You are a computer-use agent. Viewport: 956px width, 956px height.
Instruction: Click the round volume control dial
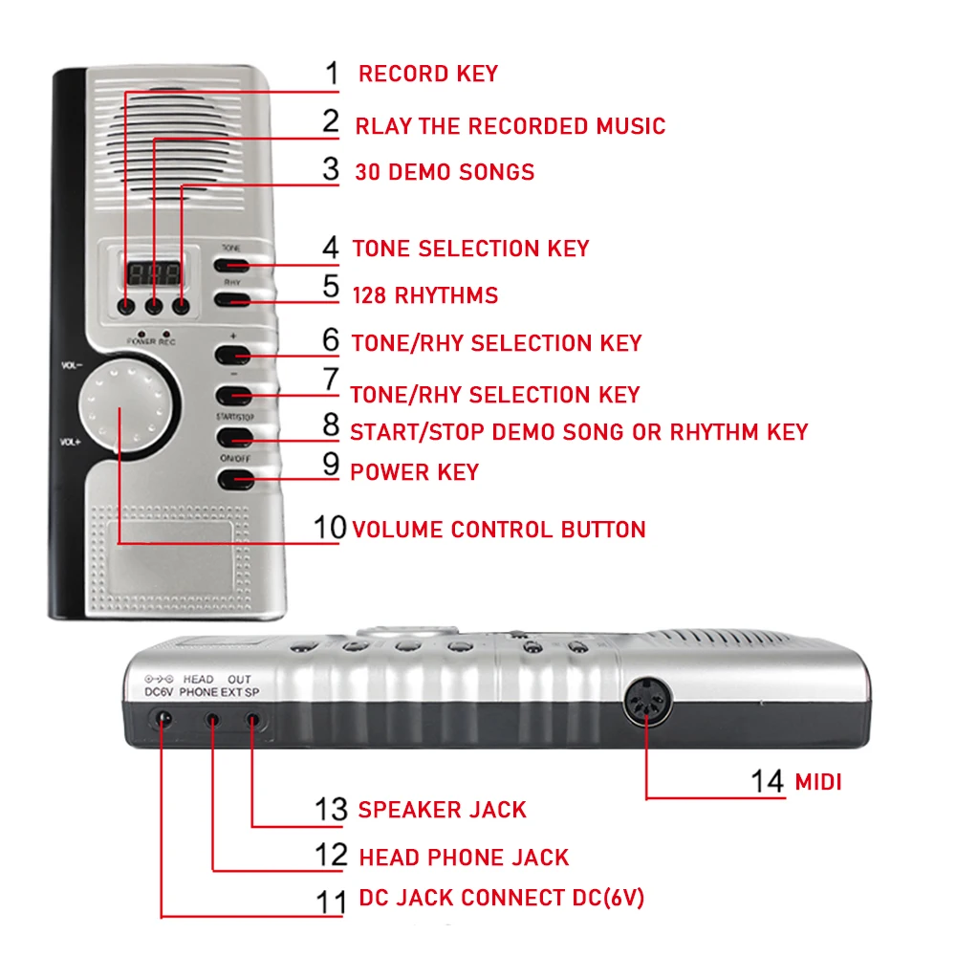[x=129, y=406]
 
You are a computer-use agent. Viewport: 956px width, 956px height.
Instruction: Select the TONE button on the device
[x=232, y=265]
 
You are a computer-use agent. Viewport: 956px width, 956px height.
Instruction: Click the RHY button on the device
[x=232, y=300]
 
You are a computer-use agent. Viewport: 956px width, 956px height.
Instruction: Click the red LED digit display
[x=153, y=272]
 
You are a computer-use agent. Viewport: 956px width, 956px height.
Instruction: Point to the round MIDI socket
[x=648, y=707]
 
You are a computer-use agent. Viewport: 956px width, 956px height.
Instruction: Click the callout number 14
[x=767, y=781]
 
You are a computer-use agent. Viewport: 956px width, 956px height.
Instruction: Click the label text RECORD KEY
[x=427, y=74]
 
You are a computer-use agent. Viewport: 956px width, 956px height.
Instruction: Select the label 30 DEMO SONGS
[x=445, y=172]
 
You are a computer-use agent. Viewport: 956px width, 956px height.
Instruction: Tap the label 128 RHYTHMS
[x=424, y=295]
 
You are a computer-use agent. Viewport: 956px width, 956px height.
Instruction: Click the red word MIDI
[x=818, y=782]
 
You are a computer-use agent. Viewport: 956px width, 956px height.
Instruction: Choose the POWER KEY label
[x=415, y=472]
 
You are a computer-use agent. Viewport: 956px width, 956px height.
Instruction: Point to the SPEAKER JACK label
[x=442, y=810]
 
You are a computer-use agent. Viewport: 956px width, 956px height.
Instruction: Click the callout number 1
[x=332, y=73]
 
